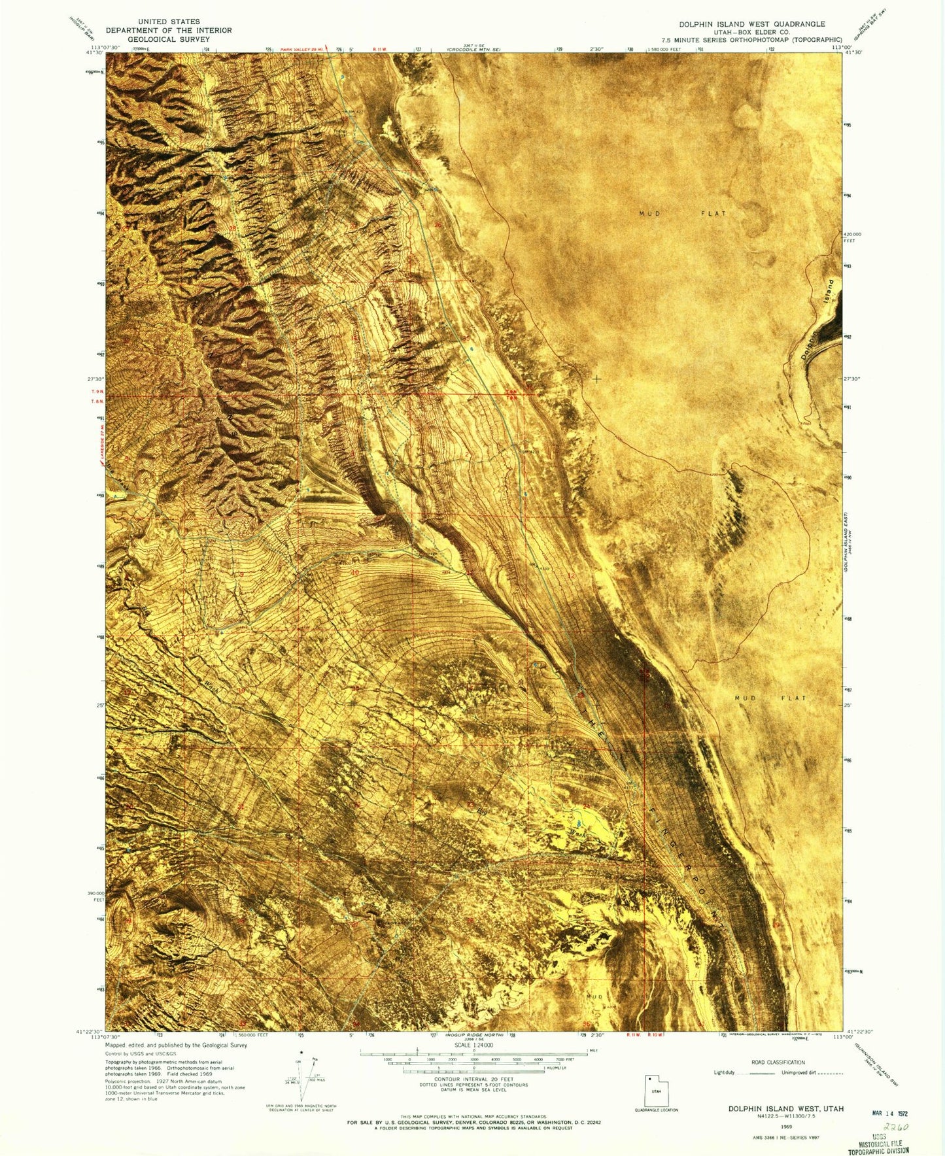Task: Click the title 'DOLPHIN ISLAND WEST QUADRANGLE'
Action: point(751,24)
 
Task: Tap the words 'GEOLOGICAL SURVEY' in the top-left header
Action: point(169,39)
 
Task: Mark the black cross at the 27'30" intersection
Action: point(596,379)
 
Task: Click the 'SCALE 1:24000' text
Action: point(474,1064)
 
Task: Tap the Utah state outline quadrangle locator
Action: point(656,1091)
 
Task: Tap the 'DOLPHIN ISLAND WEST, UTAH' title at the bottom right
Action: point(786,1109)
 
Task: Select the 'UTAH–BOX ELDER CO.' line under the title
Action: point(751,31)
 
